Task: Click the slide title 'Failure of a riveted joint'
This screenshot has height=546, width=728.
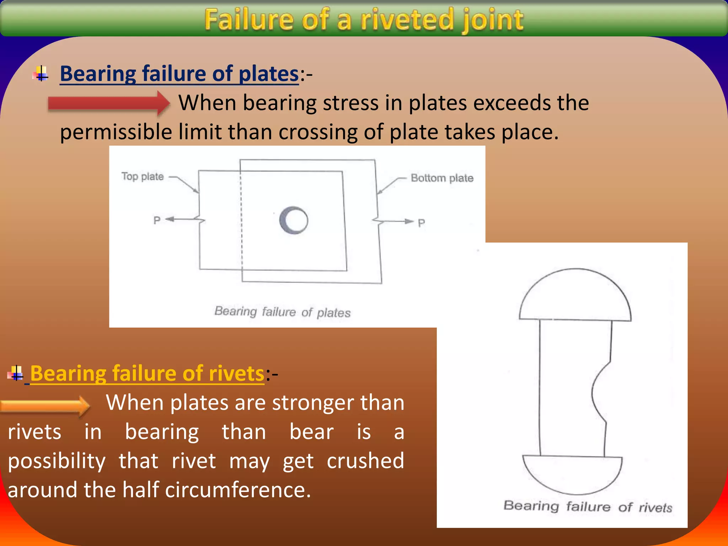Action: pyautogui.click(x=364, y=20)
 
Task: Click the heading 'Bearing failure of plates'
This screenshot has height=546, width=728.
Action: pyautogui.click(x=179, y=74)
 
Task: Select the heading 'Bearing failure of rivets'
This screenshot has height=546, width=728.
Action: pyautogui.click(x=147, y=374)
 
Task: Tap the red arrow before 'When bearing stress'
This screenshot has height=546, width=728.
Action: pyautogui.click(x=109, y=103)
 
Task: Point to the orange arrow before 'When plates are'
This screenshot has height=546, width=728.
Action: pyautogui.click(x=45, y=406)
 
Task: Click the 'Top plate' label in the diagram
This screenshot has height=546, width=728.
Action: pyautogui.click(x=143, y=176)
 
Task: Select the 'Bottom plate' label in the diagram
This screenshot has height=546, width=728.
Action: pyautogui.click(x=442, y=178)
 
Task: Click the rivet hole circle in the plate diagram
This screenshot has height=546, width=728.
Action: pyautogui.click(x=294, y=220)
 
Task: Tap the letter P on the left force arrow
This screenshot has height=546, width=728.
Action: pyautogui.click(x=157, y=220)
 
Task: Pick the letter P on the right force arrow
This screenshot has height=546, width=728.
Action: pyautogui.click(x=421, y=223)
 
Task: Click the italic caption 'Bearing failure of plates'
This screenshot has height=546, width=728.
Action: pyautogui.click(x=282, y=312)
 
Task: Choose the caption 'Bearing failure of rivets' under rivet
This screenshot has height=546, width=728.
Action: pyautogui.click(x=588, y=506)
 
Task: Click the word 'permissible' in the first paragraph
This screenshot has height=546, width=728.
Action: pyautogui.click(x=116, y=132)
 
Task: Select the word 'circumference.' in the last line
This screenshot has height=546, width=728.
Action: pyautogui.click(x=238, y=490)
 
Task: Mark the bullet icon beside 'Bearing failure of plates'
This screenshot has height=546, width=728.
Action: pyautogui.click(x=41, y=74)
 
